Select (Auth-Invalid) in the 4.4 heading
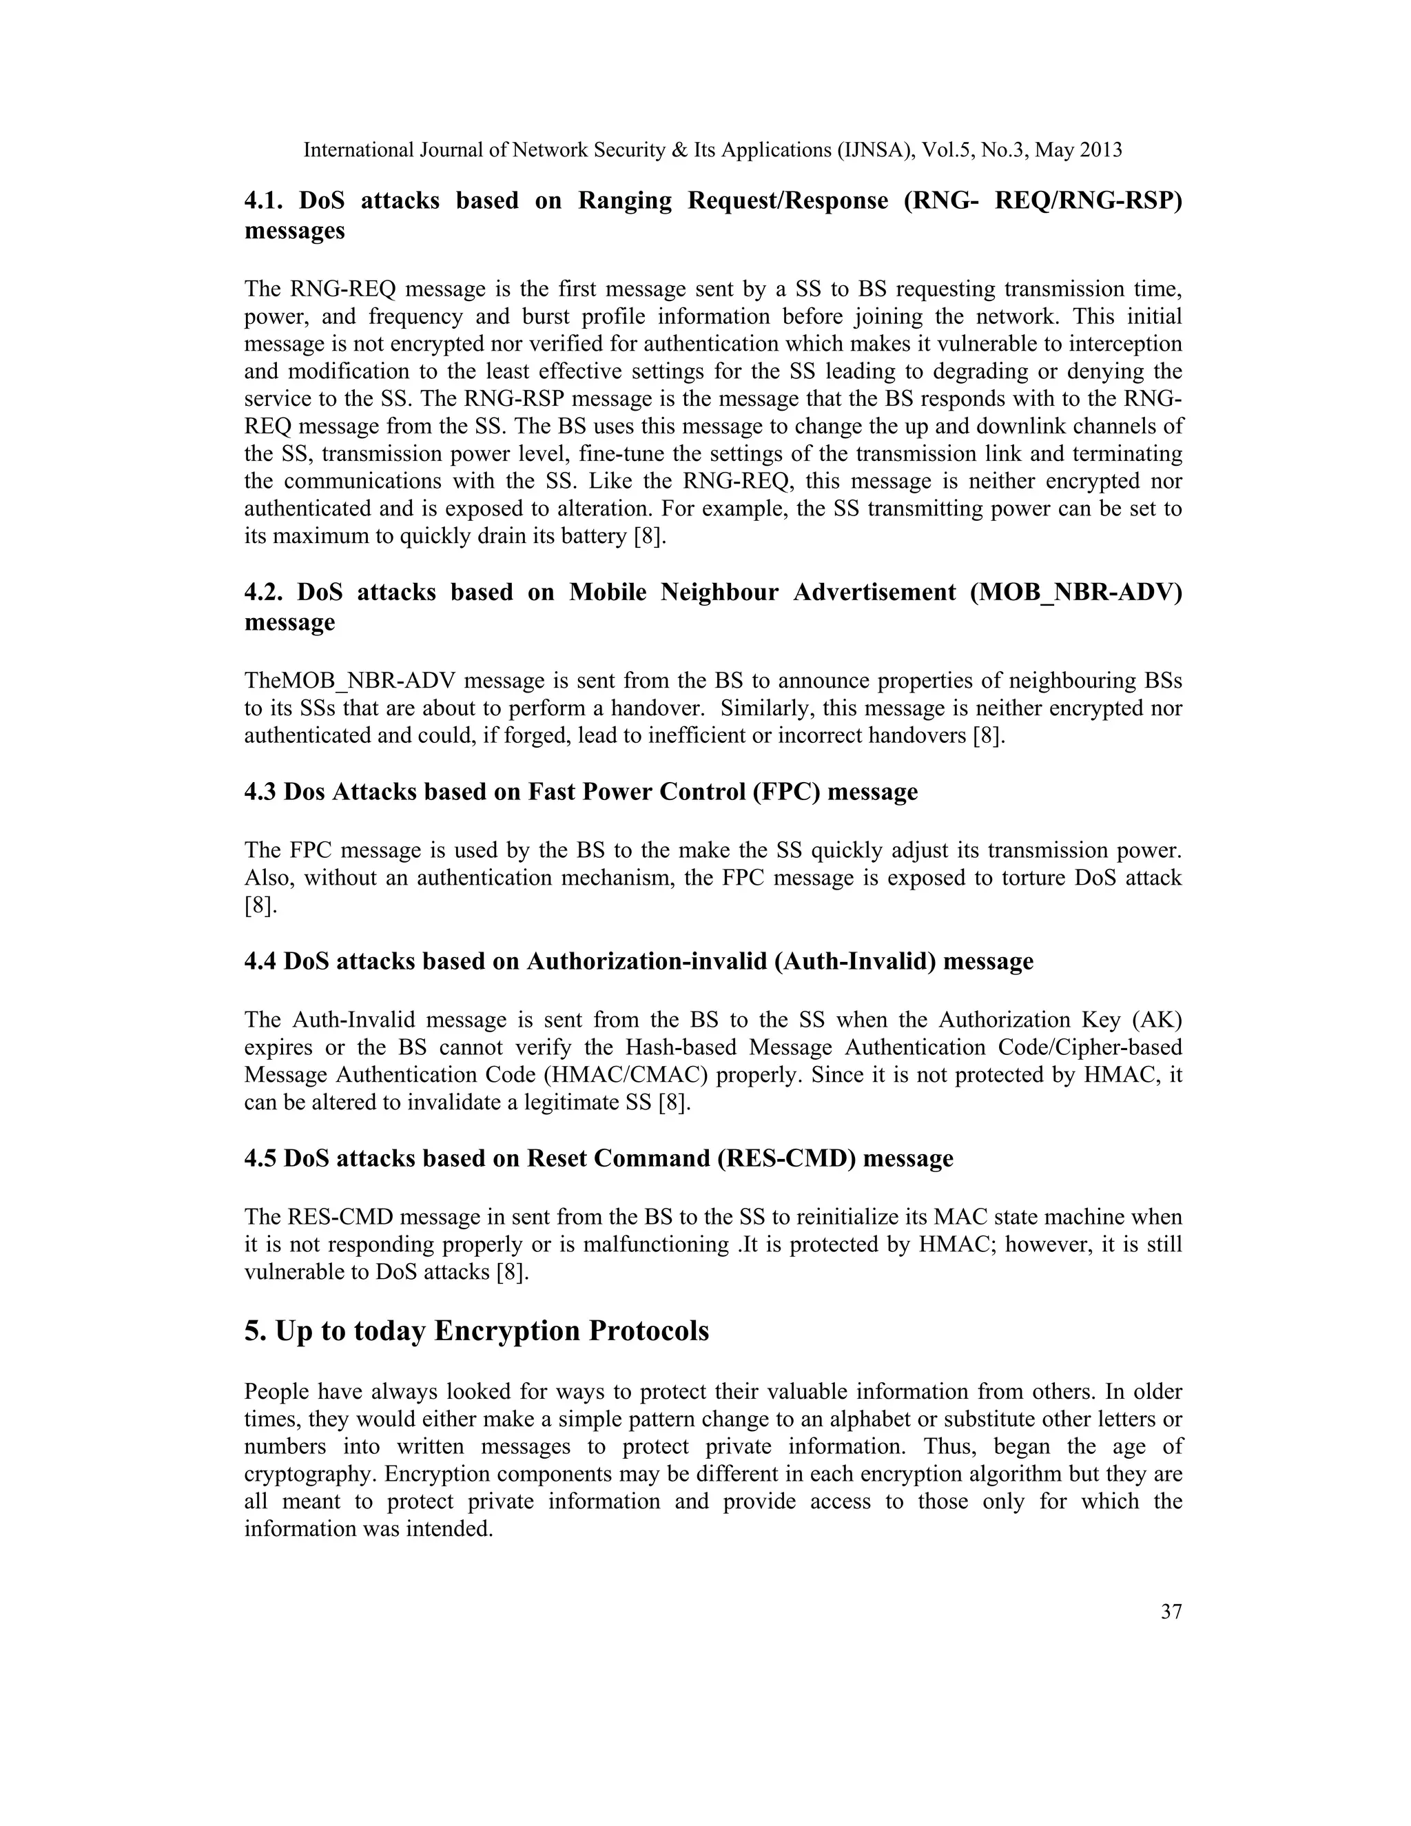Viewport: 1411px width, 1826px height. click(854, 961)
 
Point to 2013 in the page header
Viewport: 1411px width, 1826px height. click(1100, 150)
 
